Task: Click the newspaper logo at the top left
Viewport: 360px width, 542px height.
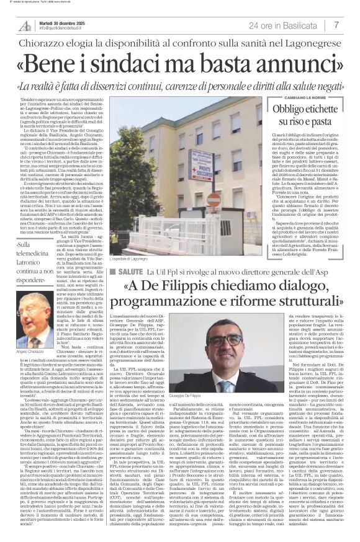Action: (26, 25)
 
